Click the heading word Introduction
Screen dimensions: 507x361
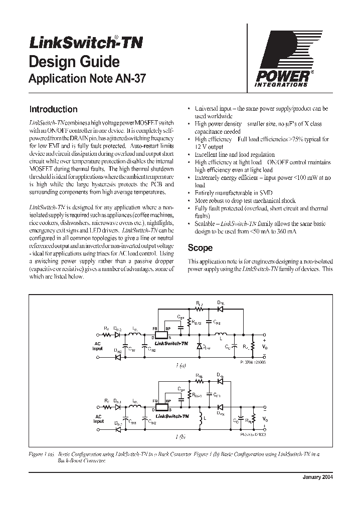click(x=53, y=109)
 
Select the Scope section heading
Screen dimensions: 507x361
click(x=200, y=248)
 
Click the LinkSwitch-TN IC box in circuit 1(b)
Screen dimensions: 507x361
click(x=161, y=409)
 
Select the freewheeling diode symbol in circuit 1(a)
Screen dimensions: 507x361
click(x=199, y=346)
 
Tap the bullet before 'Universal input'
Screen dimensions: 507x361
click(x=189, y=109)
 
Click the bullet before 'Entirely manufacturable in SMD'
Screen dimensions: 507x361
click(x=189, y=193)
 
